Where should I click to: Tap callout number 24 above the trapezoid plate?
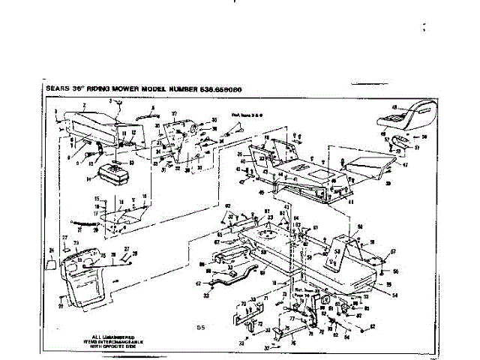point(51,250)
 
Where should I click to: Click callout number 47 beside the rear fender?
point(405,164)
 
